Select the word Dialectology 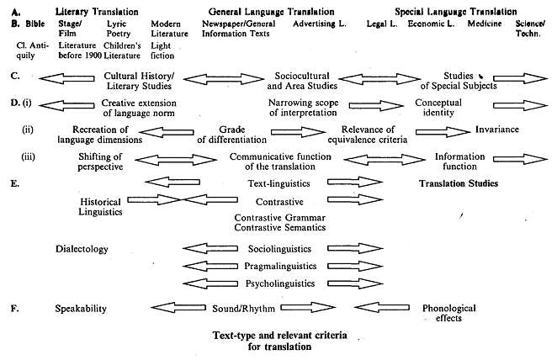tap(82, 249)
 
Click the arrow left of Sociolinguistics tap(210, 249)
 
